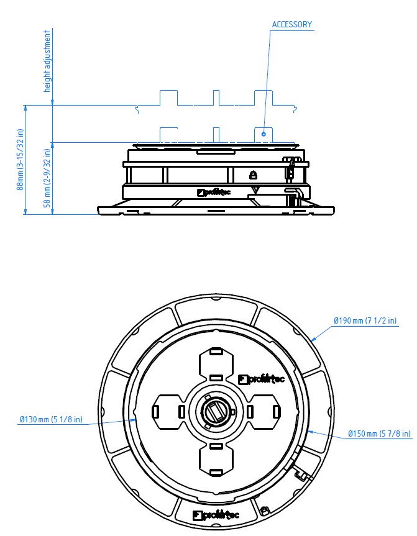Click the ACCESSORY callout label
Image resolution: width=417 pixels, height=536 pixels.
292,24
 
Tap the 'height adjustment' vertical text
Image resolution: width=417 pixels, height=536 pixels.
47,61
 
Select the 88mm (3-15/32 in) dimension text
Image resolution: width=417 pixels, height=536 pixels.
21,159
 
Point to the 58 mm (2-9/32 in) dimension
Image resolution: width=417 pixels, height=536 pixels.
47,178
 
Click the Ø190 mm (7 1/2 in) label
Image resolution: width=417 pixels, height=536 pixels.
365,320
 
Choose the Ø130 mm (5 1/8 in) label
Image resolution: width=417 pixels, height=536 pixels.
51,419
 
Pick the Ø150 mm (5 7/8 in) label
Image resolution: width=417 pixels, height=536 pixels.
379,434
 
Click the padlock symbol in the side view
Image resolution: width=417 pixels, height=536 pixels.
253,175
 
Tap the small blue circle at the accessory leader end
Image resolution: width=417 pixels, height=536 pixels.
263,134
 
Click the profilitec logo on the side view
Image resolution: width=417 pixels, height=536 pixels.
214,193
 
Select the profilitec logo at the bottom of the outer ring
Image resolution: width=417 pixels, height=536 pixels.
216,515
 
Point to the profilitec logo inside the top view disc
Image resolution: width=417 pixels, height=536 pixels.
261,379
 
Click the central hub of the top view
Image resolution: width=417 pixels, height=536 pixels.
216,411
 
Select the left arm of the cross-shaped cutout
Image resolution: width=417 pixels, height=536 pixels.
168,412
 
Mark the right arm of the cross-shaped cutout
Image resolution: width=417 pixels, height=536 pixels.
263,412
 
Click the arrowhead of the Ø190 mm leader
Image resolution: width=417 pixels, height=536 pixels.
313,339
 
